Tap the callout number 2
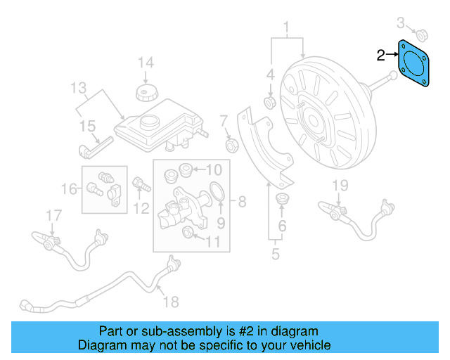pos(380,56)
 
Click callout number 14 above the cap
pos(145,63)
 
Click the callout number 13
pos(78,89)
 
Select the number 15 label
pos(86,127)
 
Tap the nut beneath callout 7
pos(229,146)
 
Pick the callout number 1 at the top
pos(287,29)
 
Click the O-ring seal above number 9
pos(218,191)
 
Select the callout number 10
pos(214,169)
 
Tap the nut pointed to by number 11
pos(188,233)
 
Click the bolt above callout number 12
pos(141,185)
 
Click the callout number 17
pos(54,214)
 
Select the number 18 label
pos(171,302)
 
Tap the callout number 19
pos(340,185)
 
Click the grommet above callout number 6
pos(283,198)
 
